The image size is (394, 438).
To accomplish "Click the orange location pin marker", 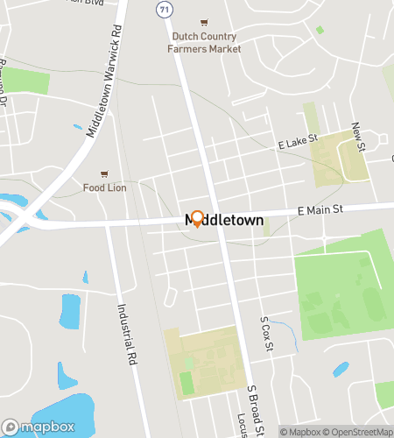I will (x=197, y=219).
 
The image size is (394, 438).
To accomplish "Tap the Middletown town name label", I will (x=224, y=222).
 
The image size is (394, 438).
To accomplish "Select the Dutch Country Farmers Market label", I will (x=205, y=43).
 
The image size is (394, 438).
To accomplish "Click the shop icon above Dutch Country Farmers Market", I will (x=205, y=22).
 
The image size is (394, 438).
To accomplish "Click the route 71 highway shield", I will (x=164, y=8).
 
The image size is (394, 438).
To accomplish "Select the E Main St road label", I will (x=318, y=209).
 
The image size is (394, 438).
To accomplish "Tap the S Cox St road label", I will (x=267, y=335).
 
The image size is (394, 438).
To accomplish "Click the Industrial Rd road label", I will (x=128, y=334).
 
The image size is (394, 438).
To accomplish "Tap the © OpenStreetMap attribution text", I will (x=360, y=431).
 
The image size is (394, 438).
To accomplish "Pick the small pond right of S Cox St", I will (x=341, y=370).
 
